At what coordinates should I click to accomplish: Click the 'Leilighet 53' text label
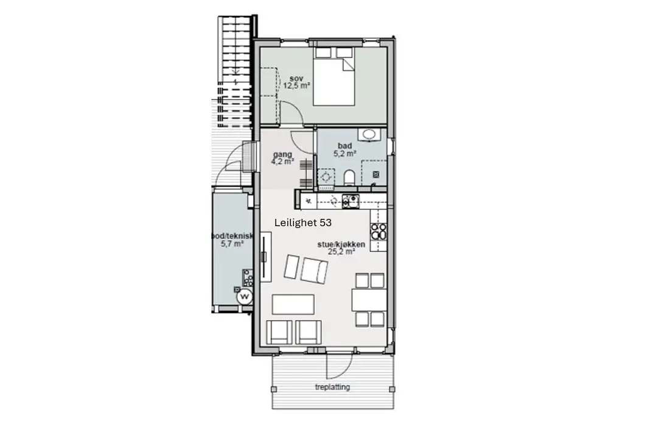click(x=303, y=223)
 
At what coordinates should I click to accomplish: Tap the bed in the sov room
click(x=334, y=76)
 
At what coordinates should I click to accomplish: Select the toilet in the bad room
click(x=349, y=178)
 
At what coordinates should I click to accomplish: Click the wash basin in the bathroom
click(x=369, y=135)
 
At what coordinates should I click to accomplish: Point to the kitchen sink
click(x=351, y=201)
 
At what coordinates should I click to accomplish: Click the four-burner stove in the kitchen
click(x=379, y=231)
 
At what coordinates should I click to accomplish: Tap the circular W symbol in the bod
click(x=244, y=297)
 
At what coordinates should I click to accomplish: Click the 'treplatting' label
click(x=332, y=387)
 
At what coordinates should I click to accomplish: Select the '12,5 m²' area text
click(x=297, y=86)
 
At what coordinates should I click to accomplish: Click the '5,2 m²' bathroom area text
click(x=345, y=154)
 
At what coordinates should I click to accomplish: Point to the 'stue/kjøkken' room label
click(x=341, y=244)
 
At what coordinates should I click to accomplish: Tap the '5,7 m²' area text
click(x=233, y=244)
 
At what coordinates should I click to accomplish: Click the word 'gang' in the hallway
click(x=282, y=154)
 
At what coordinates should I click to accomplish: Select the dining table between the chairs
click(x=369, y=300)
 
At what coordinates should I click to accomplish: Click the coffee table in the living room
click(x=293, y=304)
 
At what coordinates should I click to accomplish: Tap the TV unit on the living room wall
click(x=265, y=256)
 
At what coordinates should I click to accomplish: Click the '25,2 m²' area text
click(x=341, y=252)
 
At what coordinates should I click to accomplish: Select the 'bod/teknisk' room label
click(x=233, y=237)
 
